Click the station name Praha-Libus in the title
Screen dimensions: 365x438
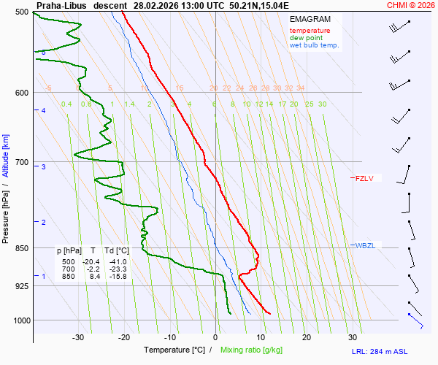tap(62, 5)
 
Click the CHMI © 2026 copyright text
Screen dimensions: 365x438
tap(411, 5)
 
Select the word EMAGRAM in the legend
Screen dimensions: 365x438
tap(309, 18)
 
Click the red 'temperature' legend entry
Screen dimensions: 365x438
tap(310, 31)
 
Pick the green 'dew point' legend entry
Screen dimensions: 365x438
tap(306, 38)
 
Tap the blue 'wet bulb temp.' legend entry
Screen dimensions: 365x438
tap(314, 45)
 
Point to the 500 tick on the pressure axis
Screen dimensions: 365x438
tap(22, 12)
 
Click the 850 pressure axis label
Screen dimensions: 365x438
tap(22, 248)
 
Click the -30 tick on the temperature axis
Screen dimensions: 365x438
tap(79, 337)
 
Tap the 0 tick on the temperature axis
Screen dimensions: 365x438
tap(215, 337)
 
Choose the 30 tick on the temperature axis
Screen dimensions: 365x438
tap(353, 337)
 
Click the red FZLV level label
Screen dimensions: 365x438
tap(364, 178)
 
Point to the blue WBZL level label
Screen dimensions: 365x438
tap(364, 245)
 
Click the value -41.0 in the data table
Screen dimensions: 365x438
tap(118, 262)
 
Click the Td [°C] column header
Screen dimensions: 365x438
tap(115, 250)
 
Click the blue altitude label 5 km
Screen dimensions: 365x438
tap(44, 53)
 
